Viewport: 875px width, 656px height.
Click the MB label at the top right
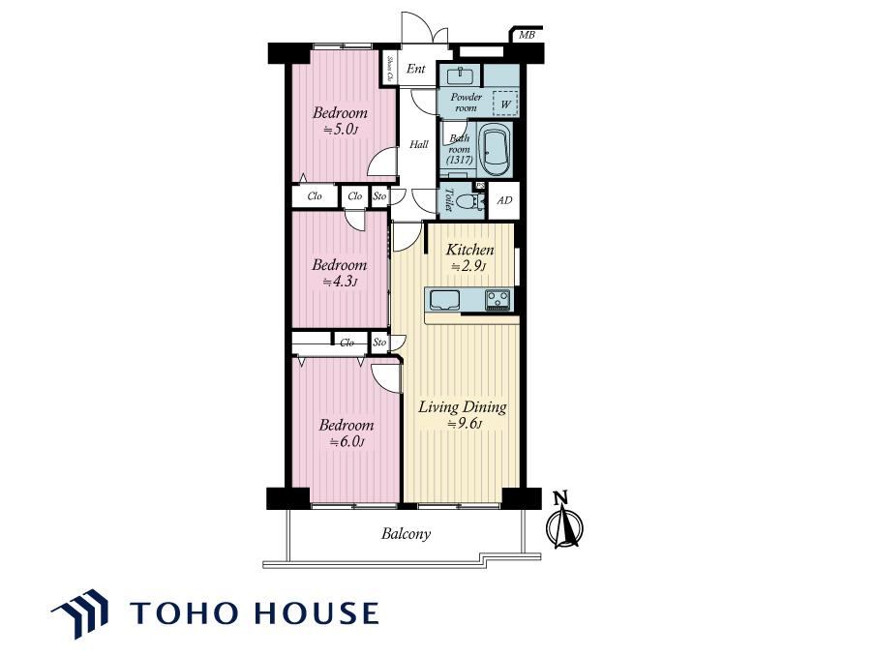tap(527, 35)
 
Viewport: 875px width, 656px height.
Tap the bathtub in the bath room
tap(495, 151)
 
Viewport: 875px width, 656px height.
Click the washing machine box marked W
tap(505, 104)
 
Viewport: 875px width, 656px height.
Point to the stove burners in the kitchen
tap(498, 299)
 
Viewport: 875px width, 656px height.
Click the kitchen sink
tap(443, 300)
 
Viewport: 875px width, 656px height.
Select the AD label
tap(504, 200)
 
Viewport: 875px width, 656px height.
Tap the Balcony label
tap(406, 534)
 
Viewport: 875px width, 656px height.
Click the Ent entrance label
tap(416, 69)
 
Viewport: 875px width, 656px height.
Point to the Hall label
tap(418, 144)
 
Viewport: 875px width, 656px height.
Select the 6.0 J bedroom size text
tap(347, 442)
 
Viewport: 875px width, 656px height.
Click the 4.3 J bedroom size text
tap(340, 282)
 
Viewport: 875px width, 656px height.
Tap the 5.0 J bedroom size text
tap(340, 130)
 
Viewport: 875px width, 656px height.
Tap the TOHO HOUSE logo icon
tap(81, 612)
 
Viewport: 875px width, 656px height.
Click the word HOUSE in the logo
tap(317, 612)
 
